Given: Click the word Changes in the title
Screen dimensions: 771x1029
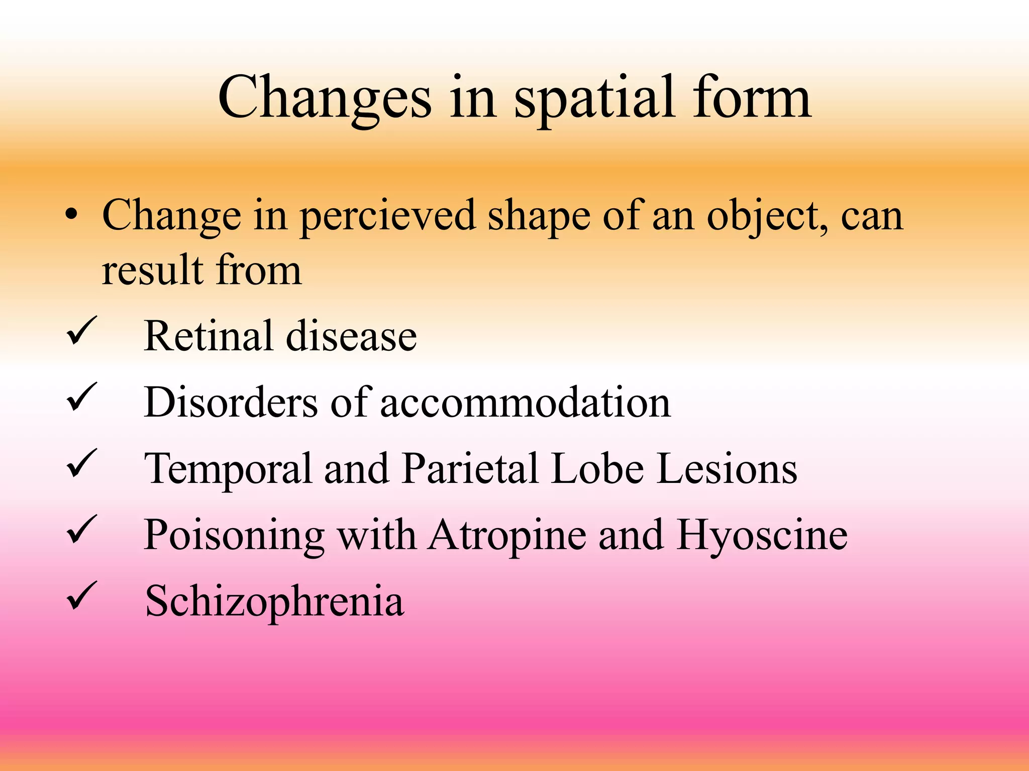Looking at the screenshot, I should click(325, 98).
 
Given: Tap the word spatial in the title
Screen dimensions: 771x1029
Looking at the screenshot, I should click(593, 98).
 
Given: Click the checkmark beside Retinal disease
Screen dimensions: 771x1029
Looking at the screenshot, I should click(80, 331).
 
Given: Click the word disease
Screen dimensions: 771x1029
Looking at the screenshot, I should click(351, 336).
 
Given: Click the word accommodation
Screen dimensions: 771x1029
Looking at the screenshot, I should click(525, 403).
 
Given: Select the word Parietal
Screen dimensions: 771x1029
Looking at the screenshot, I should click(470, 469).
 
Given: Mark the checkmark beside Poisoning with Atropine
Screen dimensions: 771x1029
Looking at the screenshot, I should click(80, 531).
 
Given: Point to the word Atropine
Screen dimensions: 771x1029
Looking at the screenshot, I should click(507, 536).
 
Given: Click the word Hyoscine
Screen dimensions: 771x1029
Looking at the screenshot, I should click(762, 536).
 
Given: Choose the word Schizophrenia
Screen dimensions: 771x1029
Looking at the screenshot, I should click(274, 602).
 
